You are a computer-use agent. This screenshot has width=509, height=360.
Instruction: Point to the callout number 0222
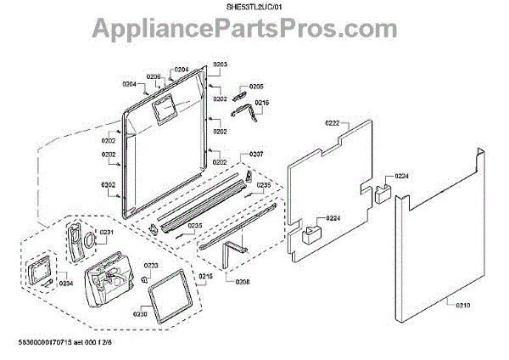point(333,123)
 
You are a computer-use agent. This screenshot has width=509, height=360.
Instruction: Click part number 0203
point(221,65)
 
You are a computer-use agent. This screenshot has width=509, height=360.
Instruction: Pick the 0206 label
point(153,77)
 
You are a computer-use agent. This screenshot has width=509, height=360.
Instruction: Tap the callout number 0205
point(257,86)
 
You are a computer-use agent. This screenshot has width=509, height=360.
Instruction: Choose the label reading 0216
point(261,104)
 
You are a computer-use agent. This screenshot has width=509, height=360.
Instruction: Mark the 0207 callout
point(256,154)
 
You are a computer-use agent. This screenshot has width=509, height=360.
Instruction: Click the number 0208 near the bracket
point(243,280)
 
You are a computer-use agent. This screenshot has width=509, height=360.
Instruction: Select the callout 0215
point(206,277)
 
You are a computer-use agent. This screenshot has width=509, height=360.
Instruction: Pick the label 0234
point(66,283)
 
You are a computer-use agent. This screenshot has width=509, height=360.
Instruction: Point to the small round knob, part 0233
point(145,279)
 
